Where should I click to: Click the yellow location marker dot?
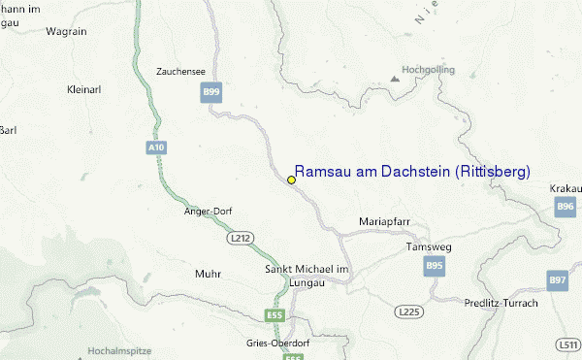291,180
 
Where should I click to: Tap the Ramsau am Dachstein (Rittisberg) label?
412,172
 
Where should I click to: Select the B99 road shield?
211,92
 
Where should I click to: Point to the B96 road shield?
566,206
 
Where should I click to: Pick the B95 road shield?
434,265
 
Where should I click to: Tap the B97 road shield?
558,280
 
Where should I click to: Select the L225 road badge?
407,311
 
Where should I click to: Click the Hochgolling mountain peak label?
427,70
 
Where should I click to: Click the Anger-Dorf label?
208,211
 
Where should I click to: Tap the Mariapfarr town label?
385,221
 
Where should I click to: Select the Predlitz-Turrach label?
501,303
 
